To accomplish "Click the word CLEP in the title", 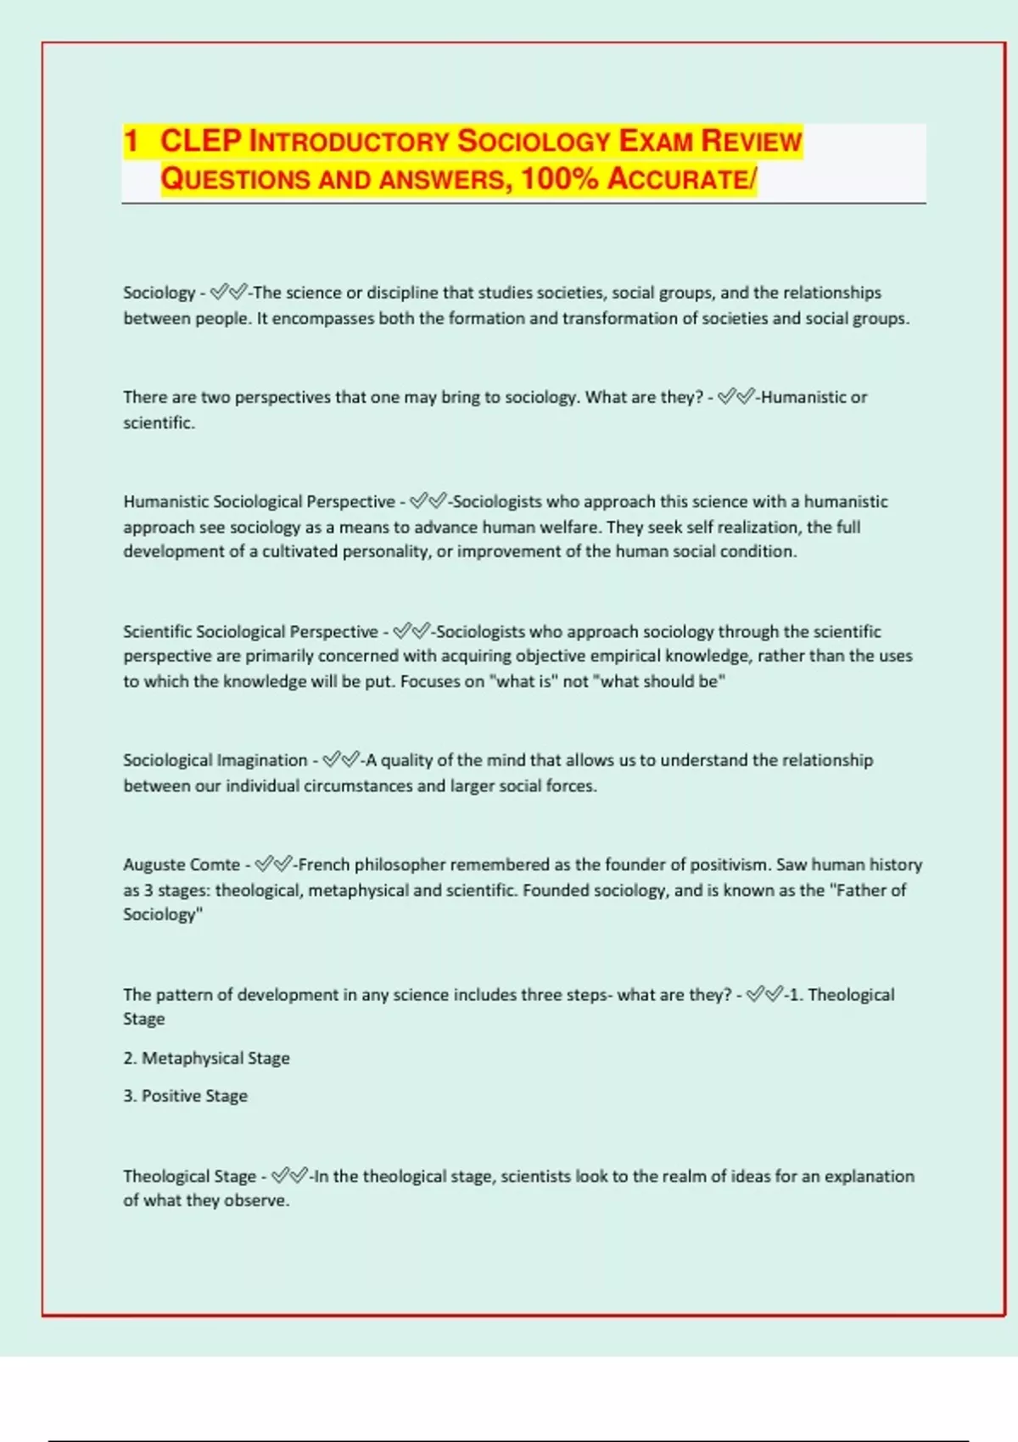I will click(200, 141).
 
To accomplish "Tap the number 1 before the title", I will click(131, 141).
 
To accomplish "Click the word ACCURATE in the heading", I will click(678, 179).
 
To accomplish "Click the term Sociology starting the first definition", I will click(159, 293).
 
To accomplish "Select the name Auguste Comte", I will click(182, 864).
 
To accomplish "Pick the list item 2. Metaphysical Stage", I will click(206, 1058).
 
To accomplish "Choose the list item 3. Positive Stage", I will click(185, 1095).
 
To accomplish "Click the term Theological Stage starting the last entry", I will click(189, 1176).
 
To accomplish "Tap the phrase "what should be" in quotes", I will click(662, 681).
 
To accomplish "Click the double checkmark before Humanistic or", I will click(736, 397).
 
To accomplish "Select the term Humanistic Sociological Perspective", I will click(259, 501).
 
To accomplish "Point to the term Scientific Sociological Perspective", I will click(250, 631).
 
